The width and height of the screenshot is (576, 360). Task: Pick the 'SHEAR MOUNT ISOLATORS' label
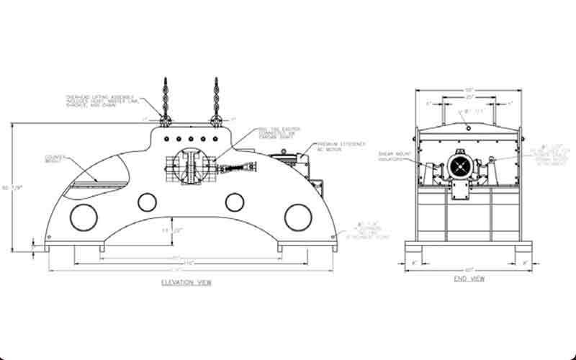point(392,156)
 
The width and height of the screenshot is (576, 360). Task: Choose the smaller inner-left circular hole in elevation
point(147,202)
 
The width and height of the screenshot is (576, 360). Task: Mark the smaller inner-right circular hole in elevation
point(233,202)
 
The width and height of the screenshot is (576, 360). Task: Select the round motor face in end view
point(459,167)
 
